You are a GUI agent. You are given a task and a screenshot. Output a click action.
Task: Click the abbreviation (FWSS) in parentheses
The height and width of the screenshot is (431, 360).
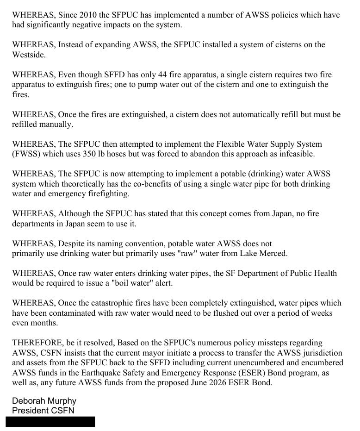pos(27,154)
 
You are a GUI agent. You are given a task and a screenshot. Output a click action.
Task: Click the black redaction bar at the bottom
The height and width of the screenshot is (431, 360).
pos(50,421)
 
